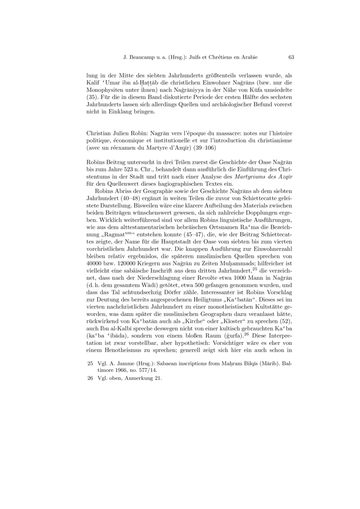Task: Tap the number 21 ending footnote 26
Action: pos(157,379)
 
